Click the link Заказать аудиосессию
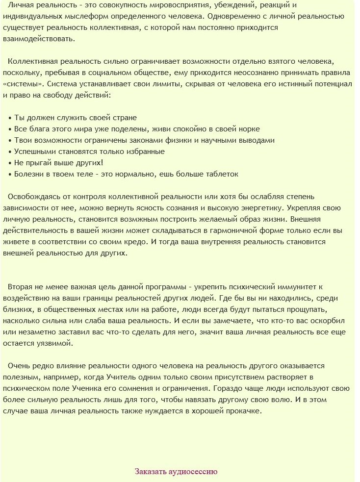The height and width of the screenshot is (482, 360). tap(176, 472)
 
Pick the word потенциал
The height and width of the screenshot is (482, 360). tap(332, 84)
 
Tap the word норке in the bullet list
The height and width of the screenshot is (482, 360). tap(249, 129)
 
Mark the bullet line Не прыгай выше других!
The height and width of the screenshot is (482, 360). tap(58, 163)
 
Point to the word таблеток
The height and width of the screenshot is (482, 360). tap(221, 174)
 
